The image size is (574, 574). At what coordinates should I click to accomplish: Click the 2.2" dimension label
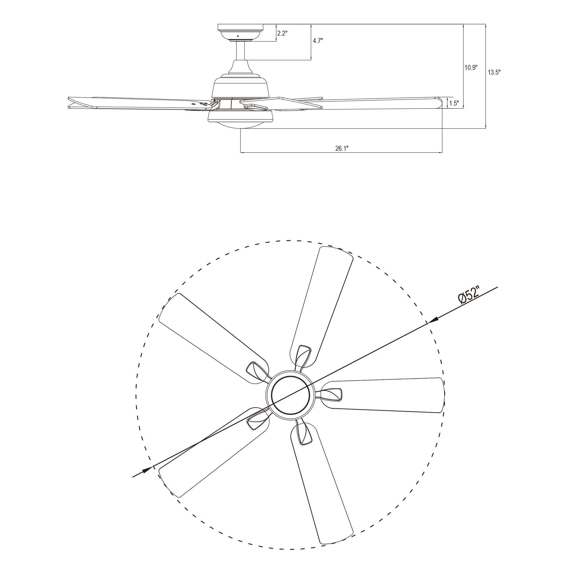tap(282, 33)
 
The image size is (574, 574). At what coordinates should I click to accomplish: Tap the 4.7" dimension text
tap(318, 41)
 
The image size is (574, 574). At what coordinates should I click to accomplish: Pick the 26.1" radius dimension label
tap(342, 149)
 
